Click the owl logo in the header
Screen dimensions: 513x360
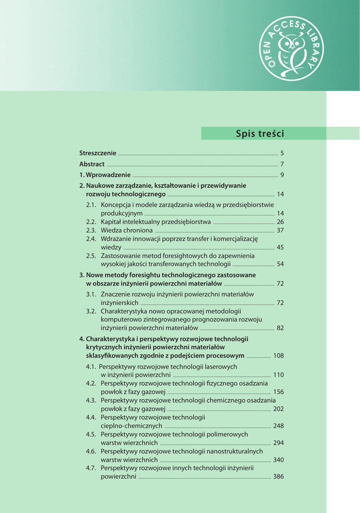pos(291,48)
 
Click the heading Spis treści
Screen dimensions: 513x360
pos(259,134)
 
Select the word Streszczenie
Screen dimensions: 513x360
pos(98,153)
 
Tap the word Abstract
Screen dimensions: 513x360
pos(92,164)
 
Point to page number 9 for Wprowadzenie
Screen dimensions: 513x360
pos(282,175)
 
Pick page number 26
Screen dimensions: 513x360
pos(280,222)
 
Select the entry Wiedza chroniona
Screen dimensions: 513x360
pos(127,230)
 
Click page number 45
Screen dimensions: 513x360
pos(280,247)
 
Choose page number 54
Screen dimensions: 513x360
pos(280,265)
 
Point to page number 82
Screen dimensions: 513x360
pos(280,328)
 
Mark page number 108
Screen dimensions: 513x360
pos(278,356)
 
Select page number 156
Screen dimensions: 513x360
pos(278,392)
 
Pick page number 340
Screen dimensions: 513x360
pos(278,460)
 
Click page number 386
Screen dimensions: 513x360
pos(278,477)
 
